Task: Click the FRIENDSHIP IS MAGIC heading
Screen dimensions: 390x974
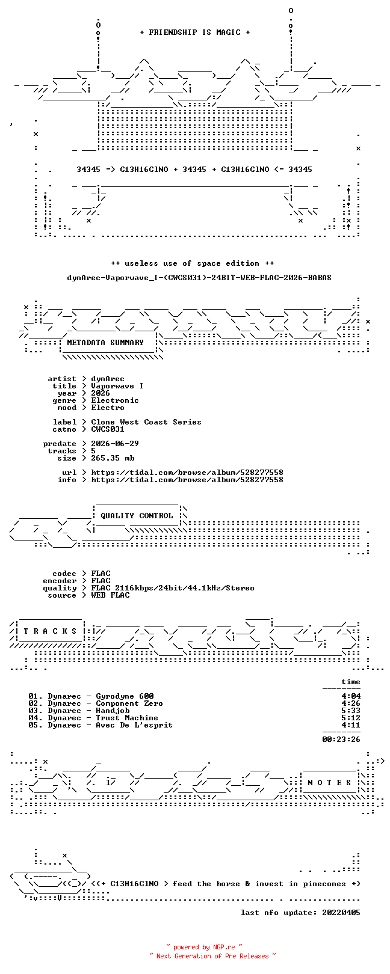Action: [x=194, y=32]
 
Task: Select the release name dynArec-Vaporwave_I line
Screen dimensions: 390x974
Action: [x=199, y=277]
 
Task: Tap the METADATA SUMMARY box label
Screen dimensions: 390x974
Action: [x=105, y=343]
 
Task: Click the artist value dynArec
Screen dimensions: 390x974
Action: [x=108, y=379]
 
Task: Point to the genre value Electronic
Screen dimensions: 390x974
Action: [x=115, y=400]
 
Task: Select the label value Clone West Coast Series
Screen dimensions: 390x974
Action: [x=146, y=422]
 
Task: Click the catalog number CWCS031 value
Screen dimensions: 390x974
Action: [x=108, y=429]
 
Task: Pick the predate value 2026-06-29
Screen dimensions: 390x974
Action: [x=115, y=444]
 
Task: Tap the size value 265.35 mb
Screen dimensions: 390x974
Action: [x=113, y=458]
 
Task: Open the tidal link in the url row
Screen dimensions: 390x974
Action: [x=187, y=473]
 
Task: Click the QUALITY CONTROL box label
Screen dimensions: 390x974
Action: [x=137, y=516]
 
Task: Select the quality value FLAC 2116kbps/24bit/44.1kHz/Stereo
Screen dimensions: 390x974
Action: [x=173, y=588]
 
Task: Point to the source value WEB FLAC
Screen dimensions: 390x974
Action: [x=110, y=595]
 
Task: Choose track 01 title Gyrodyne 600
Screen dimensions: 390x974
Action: [x=125, y=696]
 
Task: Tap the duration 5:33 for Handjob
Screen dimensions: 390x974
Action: [x=351, y=711]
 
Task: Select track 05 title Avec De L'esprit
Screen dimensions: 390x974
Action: [x=134, y=725]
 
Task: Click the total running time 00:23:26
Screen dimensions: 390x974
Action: [x=341, y=739]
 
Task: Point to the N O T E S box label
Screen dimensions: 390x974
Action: [x=329, y=783]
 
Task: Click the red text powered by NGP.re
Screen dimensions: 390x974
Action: [x=204, y=947]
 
